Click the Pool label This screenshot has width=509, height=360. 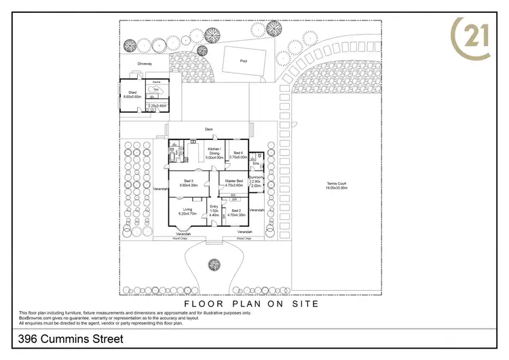click(x=244, y=60)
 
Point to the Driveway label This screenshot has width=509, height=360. click(x=145, y=63)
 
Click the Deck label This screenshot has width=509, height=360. click(x=209, y=129)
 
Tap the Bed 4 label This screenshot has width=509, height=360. click(x=238, y=154)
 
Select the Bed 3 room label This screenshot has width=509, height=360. click(x=188, y=179)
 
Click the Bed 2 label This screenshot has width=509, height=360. click(x=236, y=211)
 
